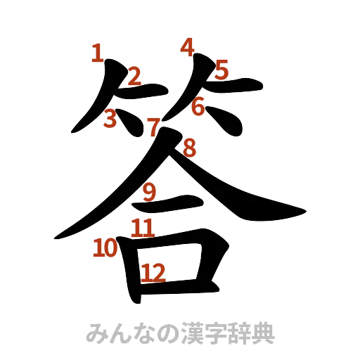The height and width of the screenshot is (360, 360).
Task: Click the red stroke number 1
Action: (97, 53)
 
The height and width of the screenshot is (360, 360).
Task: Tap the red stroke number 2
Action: (134, 75)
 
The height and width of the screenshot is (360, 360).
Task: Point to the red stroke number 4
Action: (187, 46)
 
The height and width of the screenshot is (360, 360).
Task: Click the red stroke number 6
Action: (198, 108)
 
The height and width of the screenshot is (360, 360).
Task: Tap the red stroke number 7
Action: (153, 128)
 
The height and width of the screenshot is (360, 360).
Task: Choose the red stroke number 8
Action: (189, 148)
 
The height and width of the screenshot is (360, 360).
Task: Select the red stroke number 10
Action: (106, 247)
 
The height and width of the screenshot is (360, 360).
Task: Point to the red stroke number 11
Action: (142, 227)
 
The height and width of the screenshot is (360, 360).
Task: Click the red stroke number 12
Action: (153, 272)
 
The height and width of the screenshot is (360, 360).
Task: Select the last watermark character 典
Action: (262, 333)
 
